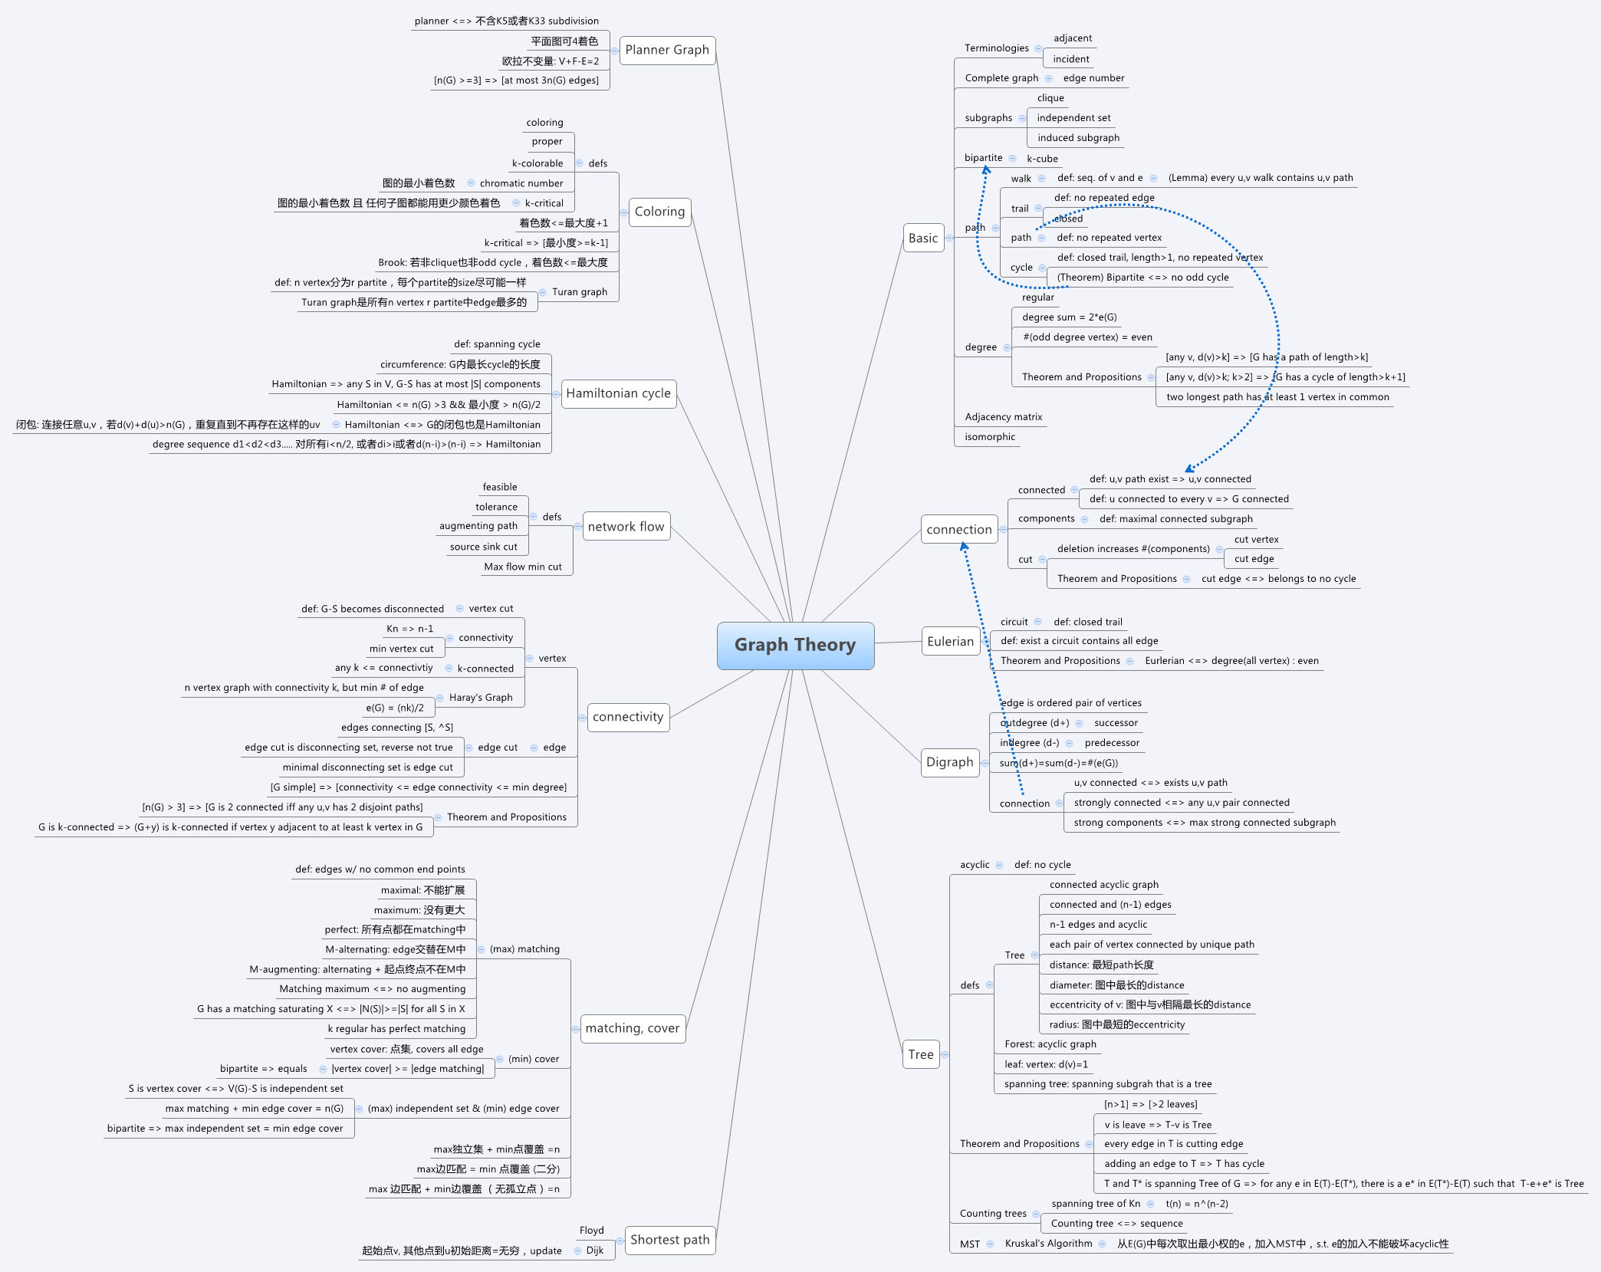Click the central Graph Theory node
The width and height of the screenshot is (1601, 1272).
pos(795,645)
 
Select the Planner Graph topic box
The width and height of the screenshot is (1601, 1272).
pos(667,50)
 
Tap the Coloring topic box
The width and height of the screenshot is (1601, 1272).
pos(659,212)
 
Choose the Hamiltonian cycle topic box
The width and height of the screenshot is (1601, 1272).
pos(618,393)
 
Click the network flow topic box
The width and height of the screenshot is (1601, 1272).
pos(626,527)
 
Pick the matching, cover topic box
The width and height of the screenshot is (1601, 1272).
pos(632,1028)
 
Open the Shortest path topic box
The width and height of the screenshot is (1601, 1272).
pos(669,1240)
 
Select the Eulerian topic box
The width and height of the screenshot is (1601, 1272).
pos(950,642)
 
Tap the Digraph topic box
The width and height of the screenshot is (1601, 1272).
pos(949,762)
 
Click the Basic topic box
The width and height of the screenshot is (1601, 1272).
pos(923,238)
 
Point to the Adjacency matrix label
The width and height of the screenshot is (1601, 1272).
pos(1004,417)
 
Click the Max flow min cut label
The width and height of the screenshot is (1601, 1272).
pos(523,567)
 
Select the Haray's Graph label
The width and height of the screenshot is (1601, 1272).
pos(481,698)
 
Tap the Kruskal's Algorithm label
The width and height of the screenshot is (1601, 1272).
pos(1048,1244)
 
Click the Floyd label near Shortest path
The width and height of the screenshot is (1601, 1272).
pos(591,1231)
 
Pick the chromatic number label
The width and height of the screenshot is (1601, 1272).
pos(521,183)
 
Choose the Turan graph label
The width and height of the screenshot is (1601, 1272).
pos(580,292)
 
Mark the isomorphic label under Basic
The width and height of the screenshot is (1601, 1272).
pos(990,437)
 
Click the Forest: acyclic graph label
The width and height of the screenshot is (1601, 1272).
pos(1050,1044)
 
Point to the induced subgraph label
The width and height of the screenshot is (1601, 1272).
pos(1078,138)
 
